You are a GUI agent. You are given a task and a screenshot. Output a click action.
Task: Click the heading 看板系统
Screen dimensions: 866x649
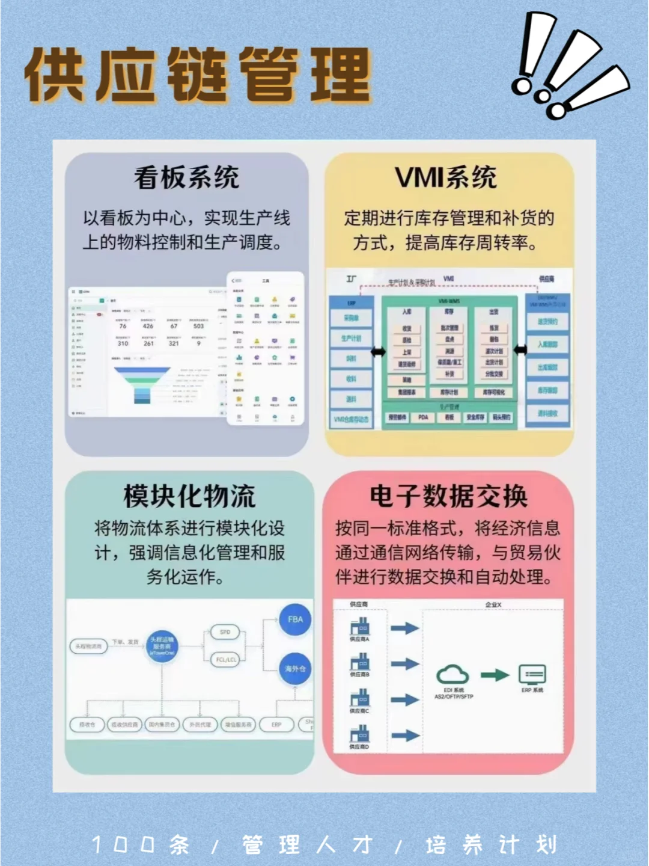[x=186, y=178]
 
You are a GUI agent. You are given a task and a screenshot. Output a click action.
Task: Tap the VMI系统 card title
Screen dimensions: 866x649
[x=446, y=177]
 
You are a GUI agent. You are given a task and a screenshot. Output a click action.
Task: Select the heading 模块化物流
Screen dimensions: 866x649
[x=189, y=496]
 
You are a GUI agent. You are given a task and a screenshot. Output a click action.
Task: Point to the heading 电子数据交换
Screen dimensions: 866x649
[x=448, y=496]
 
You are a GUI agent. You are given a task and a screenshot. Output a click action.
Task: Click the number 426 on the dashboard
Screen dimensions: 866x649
[x=148, y=326]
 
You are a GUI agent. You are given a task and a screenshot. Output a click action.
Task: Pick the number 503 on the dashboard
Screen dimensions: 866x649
[x=198, y=326]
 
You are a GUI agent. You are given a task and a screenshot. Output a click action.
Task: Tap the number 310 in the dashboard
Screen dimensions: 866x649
[x=123, y=343]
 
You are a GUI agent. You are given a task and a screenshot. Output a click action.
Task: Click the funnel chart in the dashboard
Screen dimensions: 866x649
[x=142, y=385]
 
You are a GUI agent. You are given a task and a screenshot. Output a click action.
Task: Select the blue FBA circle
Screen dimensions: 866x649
[x=295, y=619]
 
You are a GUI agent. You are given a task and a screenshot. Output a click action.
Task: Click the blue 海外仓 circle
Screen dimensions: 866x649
[x=295, y=669]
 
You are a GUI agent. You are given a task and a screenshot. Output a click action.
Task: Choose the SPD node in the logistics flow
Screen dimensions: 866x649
[x=225, y=632]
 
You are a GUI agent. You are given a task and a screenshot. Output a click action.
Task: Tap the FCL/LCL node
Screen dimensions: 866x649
[x=226, y=660]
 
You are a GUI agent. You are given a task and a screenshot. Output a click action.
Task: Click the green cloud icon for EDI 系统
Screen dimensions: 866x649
[x=452, y=675]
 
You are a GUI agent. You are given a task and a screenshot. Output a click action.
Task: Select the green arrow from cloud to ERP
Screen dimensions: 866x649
[x=495, y=675]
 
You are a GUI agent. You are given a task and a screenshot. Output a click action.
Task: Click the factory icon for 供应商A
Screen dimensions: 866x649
[x=360, y=627]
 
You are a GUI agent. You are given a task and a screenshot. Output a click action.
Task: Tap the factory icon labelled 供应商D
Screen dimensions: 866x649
[x=360, y=734]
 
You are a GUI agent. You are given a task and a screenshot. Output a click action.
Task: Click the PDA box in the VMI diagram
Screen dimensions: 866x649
[x=423, y=417]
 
